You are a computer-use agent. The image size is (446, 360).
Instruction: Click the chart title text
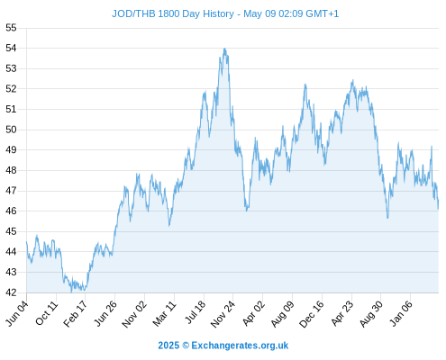point(225,13)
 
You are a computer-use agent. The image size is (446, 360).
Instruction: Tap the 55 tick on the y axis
point(11,28)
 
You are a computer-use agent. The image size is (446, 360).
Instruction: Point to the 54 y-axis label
point(11,48)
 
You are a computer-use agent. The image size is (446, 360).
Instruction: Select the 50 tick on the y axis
point(11,130)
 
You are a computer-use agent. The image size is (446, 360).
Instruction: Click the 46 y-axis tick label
point(11,211)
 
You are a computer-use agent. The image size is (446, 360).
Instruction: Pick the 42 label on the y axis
point(11,292)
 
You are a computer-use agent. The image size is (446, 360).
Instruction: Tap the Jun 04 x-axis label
point(17,313)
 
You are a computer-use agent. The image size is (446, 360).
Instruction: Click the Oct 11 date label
point(46,313)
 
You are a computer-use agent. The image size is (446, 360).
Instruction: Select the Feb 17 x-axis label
point(76,313)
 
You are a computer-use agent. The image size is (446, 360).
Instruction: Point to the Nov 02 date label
point(134,314)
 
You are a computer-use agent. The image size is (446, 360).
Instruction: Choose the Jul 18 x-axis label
point(196,312)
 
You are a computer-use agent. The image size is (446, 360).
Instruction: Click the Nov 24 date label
point(223,314)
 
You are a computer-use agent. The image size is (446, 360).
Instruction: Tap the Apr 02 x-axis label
point(254,313)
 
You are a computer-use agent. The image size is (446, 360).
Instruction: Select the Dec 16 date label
point(312,314)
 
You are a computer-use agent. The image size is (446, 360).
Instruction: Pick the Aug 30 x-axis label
point(372,314)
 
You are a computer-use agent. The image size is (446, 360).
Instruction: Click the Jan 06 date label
point(401,313)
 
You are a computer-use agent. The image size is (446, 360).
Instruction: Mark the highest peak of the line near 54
point(224,49)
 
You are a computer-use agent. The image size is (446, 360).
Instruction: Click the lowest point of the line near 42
point(71,292)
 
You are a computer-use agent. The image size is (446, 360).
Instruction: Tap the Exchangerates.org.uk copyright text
point(223,346)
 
